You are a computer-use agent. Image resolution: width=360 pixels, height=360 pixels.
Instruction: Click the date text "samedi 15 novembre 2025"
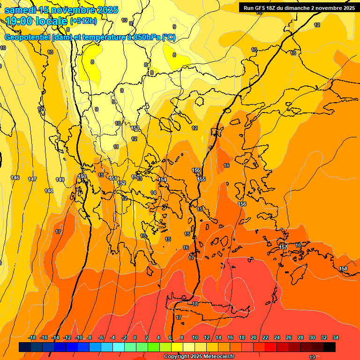(61, 10)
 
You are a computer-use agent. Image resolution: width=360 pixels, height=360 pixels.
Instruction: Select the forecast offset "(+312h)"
(83, 21)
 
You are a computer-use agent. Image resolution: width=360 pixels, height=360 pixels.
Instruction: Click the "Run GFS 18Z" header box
(299, 7)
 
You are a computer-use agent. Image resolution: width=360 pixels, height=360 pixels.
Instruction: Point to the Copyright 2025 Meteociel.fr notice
(199, 357)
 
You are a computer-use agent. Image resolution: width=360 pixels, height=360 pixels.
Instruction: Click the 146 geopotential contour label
(15, 178)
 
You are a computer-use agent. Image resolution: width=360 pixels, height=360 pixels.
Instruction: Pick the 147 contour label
(32, 180)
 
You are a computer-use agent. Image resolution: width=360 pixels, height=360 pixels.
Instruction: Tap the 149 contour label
(60, 180)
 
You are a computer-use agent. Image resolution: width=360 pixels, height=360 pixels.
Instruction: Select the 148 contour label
(49, 191)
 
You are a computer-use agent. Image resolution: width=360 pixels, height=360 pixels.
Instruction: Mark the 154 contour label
(162, 180)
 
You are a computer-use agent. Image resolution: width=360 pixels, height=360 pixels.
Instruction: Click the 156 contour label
(242, 204)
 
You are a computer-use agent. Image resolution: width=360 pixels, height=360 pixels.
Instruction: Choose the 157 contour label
(283, 247)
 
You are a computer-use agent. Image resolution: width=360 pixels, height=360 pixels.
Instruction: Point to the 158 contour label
(343, 269)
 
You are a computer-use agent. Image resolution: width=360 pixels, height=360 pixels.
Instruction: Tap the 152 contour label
(122, 183)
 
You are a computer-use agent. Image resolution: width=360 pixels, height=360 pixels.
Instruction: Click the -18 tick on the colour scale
(32, 337)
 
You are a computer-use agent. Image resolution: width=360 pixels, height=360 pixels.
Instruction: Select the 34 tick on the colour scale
(336, 337)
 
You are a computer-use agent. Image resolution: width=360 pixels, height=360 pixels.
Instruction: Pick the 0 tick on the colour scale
(135, 337)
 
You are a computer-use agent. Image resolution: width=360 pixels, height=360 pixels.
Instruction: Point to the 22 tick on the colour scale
(265, 337)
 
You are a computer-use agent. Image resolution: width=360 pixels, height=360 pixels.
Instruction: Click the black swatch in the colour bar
(330, 347)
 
